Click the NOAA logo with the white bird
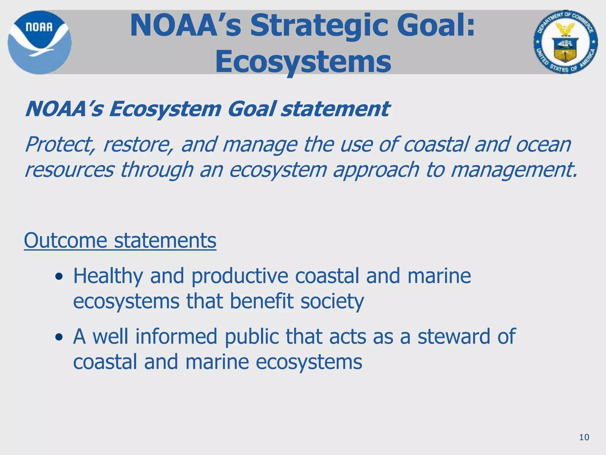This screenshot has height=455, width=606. coord(39,42)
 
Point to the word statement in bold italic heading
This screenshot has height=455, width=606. coord(335,109)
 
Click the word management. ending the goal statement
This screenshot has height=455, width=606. coord(514,170)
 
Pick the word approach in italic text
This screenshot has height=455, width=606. coord(376,170)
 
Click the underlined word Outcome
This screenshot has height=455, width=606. coord(65,240)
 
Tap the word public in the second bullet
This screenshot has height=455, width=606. coord(251,337)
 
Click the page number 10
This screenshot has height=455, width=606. coord(584,437)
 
